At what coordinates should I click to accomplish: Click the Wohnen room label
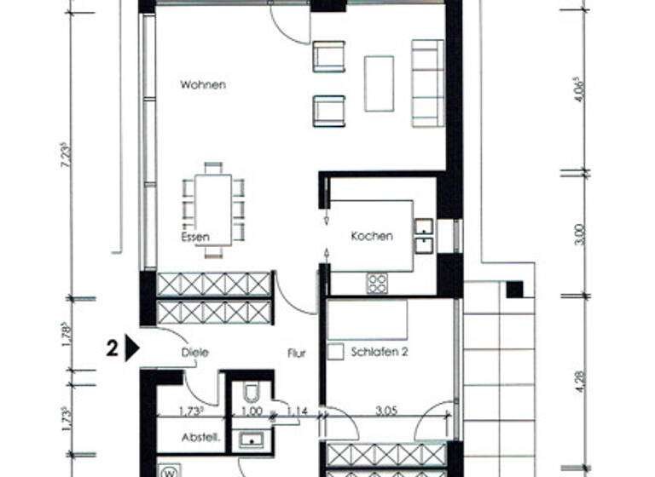pos(203,85)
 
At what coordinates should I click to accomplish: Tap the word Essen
pos(194,237)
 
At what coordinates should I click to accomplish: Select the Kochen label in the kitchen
pos(372,236)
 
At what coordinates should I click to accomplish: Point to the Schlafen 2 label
pos(380,351)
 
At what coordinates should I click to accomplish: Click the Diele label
pos(194,352)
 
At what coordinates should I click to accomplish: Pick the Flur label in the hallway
pos(296,352)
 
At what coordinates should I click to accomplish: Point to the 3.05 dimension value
pos(388,411)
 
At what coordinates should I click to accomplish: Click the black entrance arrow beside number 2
pos(131,348)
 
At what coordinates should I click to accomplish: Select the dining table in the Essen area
pos(213,210)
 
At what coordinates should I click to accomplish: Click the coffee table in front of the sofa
pos(379,83)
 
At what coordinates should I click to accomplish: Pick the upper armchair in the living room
pos(328,56)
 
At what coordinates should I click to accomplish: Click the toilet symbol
pos(252,393)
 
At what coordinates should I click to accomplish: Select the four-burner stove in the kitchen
pos(376,282)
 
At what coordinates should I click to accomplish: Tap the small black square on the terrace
pos(514,290)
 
